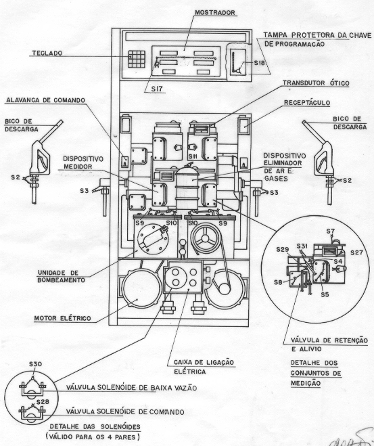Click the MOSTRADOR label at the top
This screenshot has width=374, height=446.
coord(215,13)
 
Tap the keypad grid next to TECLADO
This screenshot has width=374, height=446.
coord(137,59)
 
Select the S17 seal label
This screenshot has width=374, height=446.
coord(157,89)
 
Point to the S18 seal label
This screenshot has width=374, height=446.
coord(259,63)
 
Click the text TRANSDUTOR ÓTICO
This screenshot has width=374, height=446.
coord(316,83)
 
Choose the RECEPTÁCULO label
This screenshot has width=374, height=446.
coord(307,102)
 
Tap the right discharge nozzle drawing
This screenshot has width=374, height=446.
coord(321,162)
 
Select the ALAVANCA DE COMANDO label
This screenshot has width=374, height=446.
coord(46,100)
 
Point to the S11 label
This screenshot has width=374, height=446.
coord(193,156)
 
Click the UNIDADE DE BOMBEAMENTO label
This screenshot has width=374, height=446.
coord(62,277)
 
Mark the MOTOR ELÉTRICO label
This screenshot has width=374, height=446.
coord(62,318)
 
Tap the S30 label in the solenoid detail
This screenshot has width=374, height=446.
coord(35,364)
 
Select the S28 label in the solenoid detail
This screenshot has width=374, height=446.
coord(43,401)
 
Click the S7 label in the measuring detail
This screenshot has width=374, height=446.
coord(331,231)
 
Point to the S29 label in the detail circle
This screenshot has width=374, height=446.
coord(283,250)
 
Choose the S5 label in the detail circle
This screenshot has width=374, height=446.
coord(325,294)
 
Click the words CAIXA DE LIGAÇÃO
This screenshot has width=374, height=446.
coord(204,362)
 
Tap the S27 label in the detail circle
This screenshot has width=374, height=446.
coord(356,252)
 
